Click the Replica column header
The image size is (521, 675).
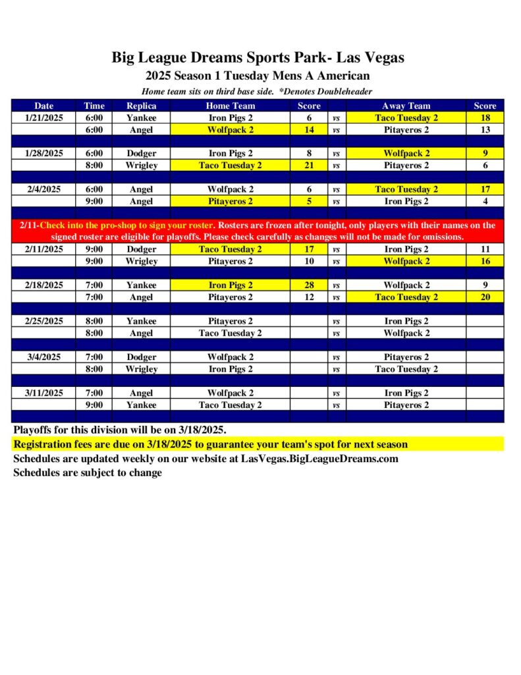(x=141, y=105)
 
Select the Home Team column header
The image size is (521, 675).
(x=230, y=105)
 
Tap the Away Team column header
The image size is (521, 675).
(x=406, y=105)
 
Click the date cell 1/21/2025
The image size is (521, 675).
(x=44, y=117)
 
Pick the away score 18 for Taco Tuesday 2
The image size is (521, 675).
(x=485, y=117)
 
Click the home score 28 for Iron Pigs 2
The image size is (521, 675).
(x=309, y=285)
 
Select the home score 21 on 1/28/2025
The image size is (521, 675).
(x=309, y=165)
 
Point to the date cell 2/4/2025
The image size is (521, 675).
(x=44, y=189)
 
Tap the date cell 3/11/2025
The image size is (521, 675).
(x=44, y=393)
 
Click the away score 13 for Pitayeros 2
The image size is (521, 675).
(x=485, y=130)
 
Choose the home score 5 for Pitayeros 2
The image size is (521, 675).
(x=309, y=202)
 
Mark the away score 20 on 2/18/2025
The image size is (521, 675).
(x=485, y=297)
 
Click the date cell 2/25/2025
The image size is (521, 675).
(x=44, y=321)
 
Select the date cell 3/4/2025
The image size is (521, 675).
(x=44, y=357)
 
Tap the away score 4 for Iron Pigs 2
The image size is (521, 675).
(x=485, y=202)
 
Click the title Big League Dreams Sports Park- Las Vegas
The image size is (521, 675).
(x=258, y=57)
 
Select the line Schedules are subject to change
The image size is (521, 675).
(x=88, y=473)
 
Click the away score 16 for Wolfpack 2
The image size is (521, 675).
(x=485, y=262)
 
